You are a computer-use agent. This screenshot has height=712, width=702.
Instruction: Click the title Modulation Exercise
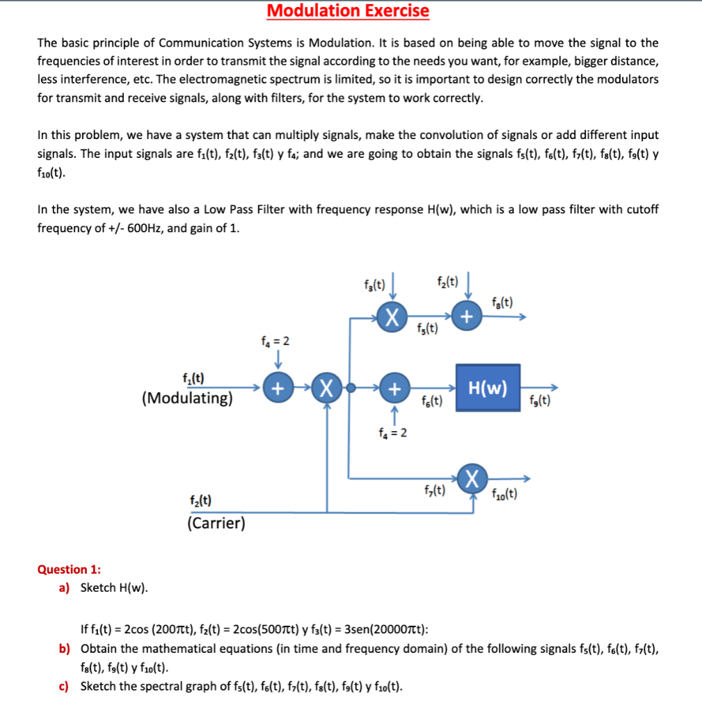(348, 11)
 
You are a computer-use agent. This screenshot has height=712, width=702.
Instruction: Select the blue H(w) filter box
(488, 388)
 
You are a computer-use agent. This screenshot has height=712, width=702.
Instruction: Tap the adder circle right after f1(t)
(277, 388)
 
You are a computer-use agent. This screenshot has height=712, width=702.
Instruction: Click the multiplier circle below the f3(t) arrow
(392, 318)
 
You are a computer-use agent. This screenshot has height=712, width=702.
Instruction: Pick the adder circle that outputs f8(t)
(466, 318)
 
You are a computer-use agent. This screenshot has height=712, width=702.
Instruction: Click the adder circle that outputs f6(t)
(393, 388)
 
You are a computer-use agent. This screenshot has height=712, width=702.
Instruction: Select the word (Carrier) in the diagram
(216, 522)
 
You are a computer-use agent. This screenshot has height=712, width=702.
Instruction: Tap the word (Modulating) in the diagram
(186, 398)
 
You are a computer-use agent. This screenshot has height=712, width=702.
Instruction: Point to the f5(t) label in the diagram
(428, 329)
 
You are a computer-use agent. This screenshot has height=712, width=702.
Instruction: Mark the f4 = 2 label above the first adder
(275, 341)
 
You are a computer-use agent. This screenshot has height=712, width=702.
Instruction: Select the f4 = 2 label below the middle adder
(393, 433)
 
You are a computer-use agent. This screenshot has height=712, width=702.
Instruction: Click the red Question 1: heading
(69, 569)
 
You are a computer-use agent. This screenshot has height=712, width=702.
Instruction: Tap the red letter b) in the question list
(64, 649)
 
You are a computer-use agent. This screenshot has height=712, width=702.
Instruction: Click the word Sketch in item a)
(98, 588)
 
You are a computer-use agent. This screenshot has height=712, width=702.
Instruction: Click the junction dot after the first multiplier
(351, 388)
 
